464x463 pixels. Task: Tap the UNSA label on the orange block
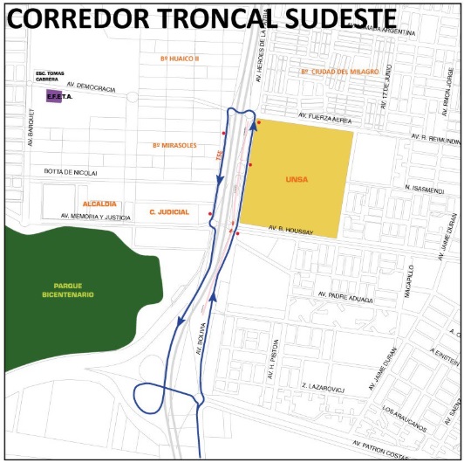tap(297, 179)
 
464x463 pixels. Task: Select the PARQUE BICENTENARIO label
tap(73, 290)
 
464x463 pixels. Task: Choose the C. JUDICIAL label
tap(169, 211)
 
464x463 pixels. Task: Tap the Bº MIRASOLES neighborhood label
tap(174, 144)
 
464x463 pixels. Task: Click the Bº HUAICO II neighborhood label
tap(180, 58)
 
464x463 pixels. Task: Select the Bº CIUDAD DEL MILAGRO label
tap(338, 70)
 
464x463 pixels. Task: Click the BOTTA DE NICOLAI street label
tap(71, 172)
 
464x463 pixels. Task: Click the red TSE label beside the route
tap(219, 152)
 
